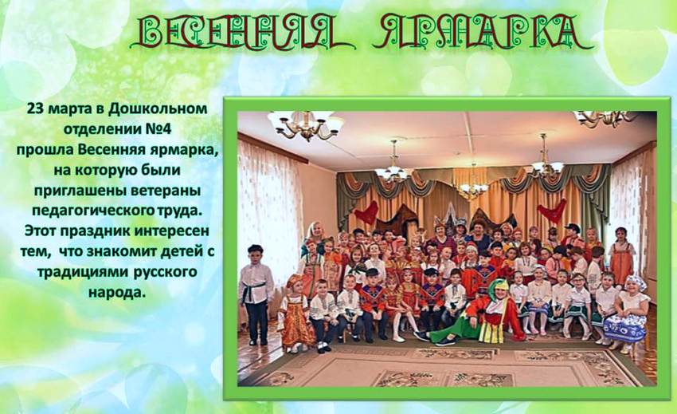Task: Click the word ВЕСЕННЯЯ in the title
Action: (242, 32)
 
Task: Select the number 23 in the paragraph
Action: (36, 108)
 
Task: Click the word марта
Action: (69, 109)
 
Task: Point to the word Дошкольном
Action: (158, 108)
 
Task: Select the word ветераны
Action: (166, 191)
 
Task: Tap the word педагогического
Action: (93, 211)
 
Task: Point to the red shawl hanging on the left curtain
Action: (367, 213)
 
